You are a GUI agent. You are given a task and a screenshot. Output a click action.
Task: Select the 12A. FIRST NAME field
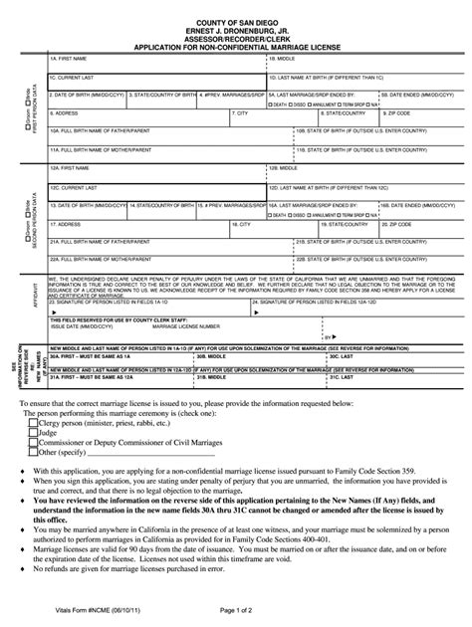(x=154, y=174)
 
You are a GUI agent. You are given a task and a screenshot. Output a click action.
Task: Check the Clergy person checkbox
(x=34, y=424)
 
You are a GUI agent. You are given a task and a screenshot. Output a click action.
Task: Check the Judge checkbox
(x=34, y=434)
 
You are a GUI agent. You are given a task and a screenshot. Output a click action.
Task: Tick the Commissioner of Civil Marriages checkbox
(x=34, y=444)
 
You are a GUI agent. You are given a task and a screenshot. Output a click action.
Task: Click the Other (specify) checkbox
(x=34, y=454)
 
